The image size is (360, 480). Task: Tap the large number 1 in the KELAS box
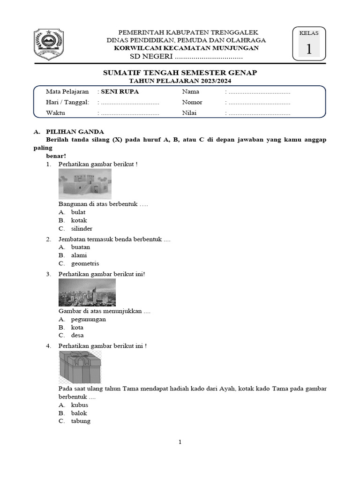pyautogui.click(x=309, y=49)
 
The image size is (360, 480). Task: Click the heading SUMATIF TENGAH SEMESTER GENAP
pyautogui.click(x=180, y=73)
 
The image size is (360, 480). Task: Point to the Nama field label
pyautogui.click(x=191, y=92)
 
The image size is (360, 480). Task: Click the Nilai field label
pyautogui.click(x=190, y=113)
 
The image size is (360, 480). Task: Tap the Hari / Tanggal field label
pyautogui.click(x=67, y=103)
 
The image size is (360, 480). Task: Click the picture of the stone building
pyautogui.click(x=85, y=184)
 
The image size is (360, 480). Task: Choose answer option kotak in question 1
pyautogui.click(x=79, y=220)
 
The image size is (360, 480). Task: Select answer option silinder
pyautogui.click(x=82, y=229)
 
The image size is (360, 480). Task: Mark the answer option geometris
pyautogui.click(x=85, y=263)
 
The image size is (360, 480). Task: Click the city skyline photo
pyautogui.click(x=87, y=292)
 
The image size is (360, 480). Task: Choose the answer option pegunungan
pyautogui.click(x=88, y=319)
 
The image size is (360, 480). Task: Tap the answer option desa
pyautogui.click(x=77, y=336)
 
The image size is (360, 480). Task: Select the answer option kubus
pyautogui.click(x=79, y=405)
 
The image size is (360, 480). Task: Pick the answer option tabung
pyautogui.click(x=81, y=421)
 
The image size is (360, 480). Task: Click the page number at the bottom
pyautogui.click(x=180, y=442)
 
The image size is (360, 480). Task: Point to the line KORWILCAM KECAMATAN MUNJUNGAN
pyautogui.click(x=186, y=48)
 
